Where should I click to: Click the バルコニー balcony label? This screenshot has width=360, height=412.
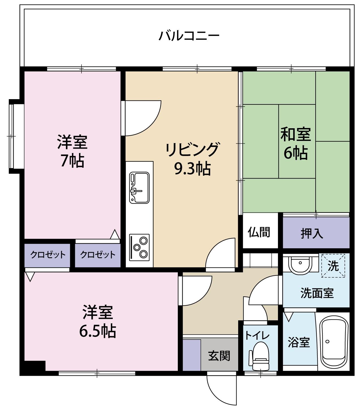[189, 36]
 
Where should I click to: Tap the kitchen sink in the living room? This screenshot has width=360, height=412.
[139, 188]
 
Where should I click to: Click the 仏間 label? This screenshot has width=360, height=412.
[259, 232]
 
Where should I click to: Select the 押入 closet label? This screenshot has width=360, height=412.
[312, 233]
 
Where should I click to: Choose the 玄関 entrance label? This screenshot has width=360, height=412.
[219, 356]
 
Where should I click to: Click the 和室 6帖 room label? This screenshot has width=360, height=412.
[295, 144]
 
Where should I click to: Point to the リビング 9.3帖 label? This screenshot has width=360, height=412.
[192, 159]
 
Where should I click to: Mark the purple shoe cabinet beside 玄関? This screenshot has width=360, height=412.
[192, 355]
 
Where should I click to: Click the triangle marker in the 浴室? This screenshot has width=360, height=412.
[288, 317]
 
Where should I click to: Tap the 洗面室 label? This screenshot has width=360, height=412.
[317, 293]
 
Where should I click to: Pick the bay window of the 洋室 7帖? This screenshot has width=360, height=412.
[12, 137]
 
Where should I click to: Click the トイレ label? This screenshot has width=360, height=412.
[257, 335]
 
